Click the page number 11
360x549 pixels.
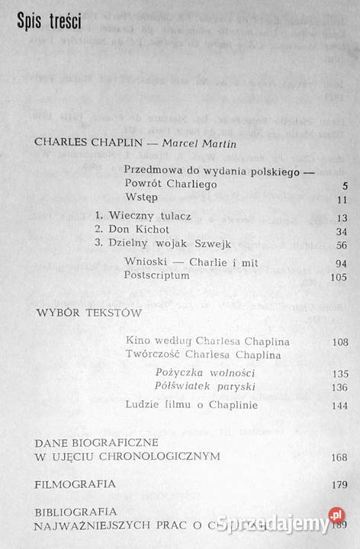[x=342, y=200]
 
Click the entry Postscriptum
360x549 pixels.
[x=156, y=276]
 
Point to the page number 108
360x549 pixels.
[x=339, y=342]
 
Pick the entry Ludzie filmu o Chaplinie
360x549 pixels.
[x=191, y=405]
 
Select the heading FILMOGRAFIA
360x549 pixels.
[x=76, y=483]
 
